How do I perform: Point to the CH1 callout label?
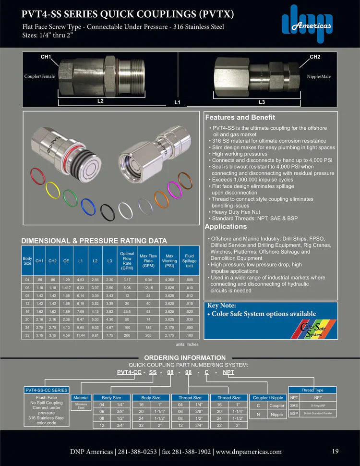coord(46,57)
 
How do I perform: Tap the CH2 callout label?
coord(314,57)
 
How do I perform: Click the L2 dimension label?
coord(100,101)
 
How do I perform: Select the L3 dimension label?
coord(262,102)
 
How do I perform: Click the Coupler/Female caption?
coord(40,76)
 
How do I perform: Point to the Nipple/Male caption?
coord(319,76)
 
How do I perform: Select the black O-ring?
coord(108,210)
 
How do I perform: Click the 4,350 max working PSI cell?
coord(169,279)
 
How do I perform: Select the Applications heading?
coord(226,226)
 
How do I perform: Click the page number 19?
coord(336,451)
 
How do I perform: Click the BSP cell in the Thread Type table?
coord(294,414)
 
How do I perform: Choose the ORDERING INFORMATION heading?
coord(185,357)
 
